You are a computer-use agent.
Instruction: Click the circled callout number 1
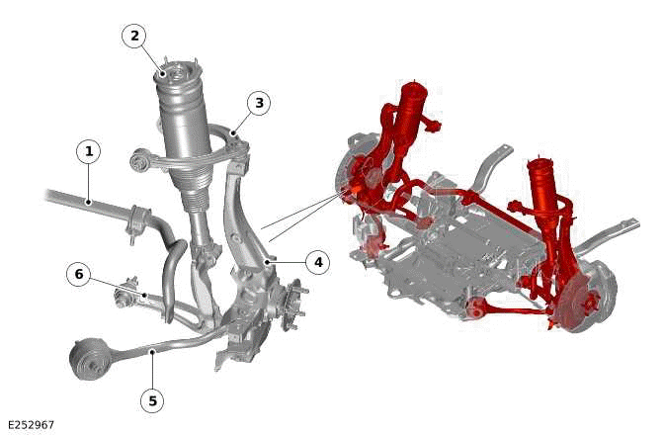tap(89, 151)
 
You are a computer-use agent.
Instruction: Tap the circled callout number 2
tap(134, 36)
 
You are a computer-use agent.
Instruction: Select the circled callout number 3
tap(259, 103)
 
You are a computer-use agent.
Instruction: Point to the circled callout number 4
tap(318, 262)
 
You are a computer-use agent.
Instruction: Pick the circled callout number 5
tap(152, 400)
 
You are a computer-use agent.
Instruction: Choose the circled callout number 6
tap(79, 274)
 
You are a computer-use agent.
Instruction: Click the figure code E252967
tap(32, 425)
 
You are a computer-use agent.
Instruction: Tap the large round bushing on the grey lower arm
tap(90, 358)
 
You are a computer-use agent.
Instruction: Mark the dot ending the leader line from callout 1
tap(89, 202)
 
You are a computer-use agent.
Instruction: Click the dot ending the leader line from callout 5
tap(152, 351)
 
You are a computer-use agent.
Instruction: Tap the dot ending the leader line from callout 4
tap(267, 262)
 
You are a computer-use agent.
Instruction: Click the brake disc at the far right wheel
tap(593, 297)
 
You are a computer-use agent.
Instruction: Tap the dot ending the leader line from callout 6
tap(145, 295)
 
